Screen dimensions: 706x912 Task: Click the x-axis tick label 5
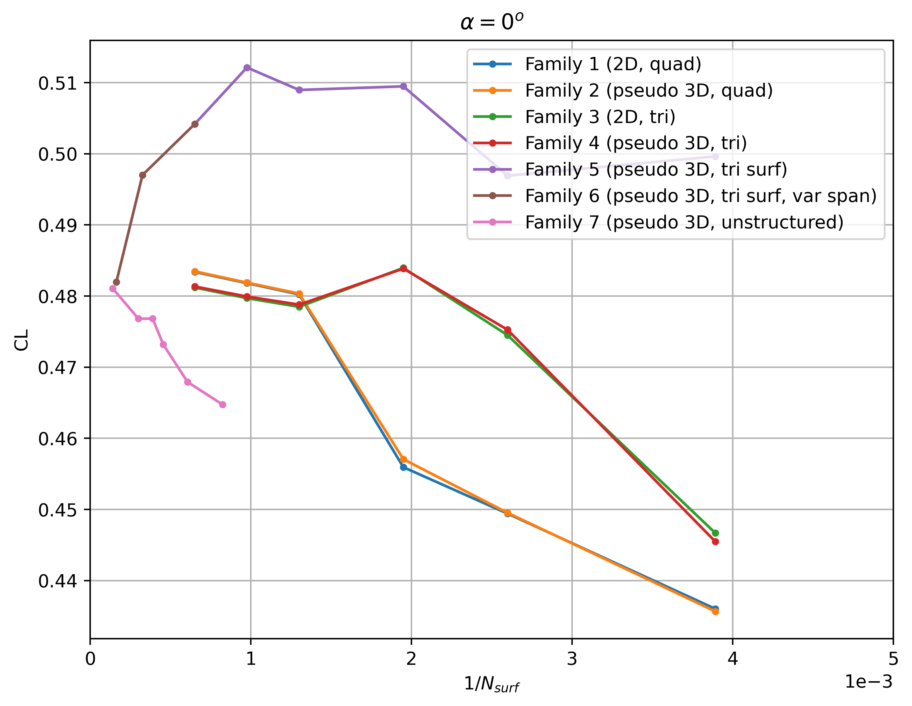pyautogui.click(x=893, y=659)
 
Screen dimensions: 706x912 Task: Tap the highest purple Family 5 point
pyautogui.click(x=247, y=68)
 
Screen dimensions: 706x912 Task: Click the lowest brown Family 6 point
pyautogui.click(x=117, y=282)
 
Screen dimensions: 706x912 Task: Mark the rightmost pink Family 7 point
pyautogui.click(x=223, y=405)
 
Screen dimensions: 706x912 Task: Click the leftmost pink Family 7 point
pyautogui.click(x=113, y=289)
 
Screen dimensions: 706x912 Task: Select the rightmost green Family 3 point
pyautogui.click(x=715, y=533)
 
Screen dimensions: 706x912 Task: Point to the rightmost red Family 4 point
pyautogui.click(x=715, y=542)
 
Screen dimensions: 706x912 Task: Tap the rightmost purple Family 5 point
pyautogui.click(x=715, y=157)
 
